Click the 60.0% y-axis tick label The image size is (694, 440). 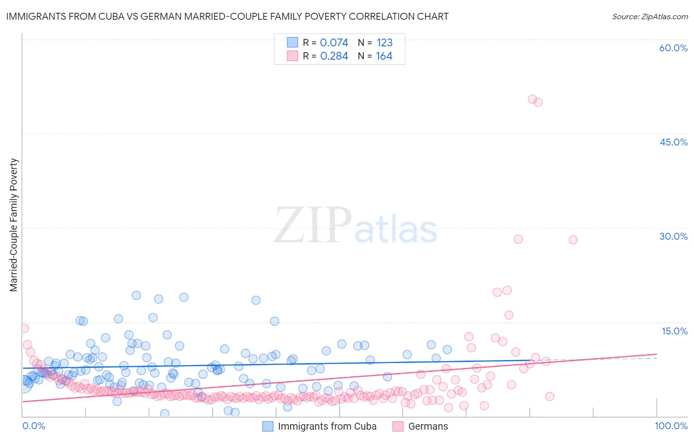pyautogui.click(x=673, y=48)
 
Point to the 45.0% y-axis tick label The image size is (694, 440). pyautogui.click(x=673, y=142)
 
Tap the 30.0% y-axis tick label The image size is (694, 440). pyautogui.click(x=673, y=236)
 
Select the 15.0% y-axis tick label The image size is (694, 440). pyautogui.click(x=674, y=331)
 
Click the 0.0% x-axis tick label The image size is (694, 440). pyautogui.click(x=34, y=426)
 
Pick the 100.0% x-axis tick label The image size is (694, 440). pyautogui.click(x=671, y=426)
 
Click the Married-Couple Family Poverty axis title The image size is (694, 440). pyautogui.click(x=14, y=224)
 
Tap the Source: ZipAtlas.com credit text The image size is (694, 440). pyautogui.click(x=650, y=16)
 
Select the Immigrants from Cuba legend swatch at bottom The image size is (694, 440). pyautogui.click(x=268, y=426)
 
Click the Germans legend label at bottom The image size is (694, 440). pyautogui.click(x=428, y=426)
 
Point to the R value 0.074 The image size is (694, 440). pyautogui.click(x=334, y=42)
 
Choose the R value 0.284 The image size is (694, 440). pyautogui.click(x=334, y=56)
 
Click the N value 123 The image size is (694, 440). pyautogui.click(x=384, y=42)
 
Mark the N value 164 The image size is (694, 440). pyautogui.click(x=384, y=56)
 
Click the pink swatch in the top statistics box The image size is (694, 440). pyautogui.click(x=293, y=56)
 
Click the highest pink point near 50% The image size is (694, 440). pyautogui.click(x=532, y=99)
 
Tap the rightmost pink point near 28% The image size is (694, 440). pyautogui.click(x=573, y=240)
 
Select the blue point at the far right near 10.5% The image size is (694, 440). pyautogui.click(x=447, y=350)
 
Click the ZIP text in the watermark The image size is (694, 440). pyautogui.click(x=313, y=225)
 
